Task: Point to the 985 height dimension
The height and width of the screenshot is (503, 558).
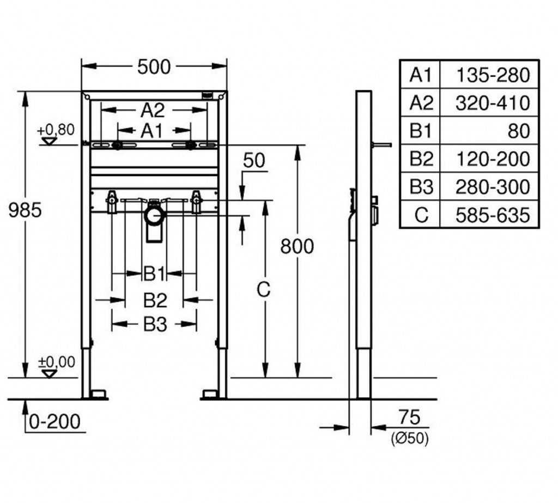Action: (x=25, y=210)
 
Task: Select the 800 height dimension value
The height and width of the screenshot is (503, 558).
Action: (x=297, y=246)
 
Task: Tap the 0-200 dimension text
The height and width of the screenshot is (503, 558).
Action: (x=55, y=421)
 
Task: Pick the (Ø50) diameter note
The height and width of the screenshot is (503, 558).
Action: (x=409, y=437)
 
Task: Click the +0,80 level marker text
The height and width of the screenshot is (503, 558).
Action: (x=56, y=130)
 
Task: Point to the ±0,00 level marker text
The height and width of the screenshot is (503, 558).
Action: (x=56, y=361)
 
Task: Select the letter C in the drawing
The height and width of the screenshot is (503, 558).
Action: (x=264, y=290)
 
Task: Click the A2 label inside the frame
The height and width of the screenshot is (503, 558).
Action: (x=153, y=111)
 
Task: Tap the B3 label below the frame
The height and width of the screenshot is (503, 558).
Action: (x=155, y=325)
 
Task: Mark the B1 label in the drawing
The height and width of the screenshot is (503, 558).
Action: (x=154, y=274)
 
